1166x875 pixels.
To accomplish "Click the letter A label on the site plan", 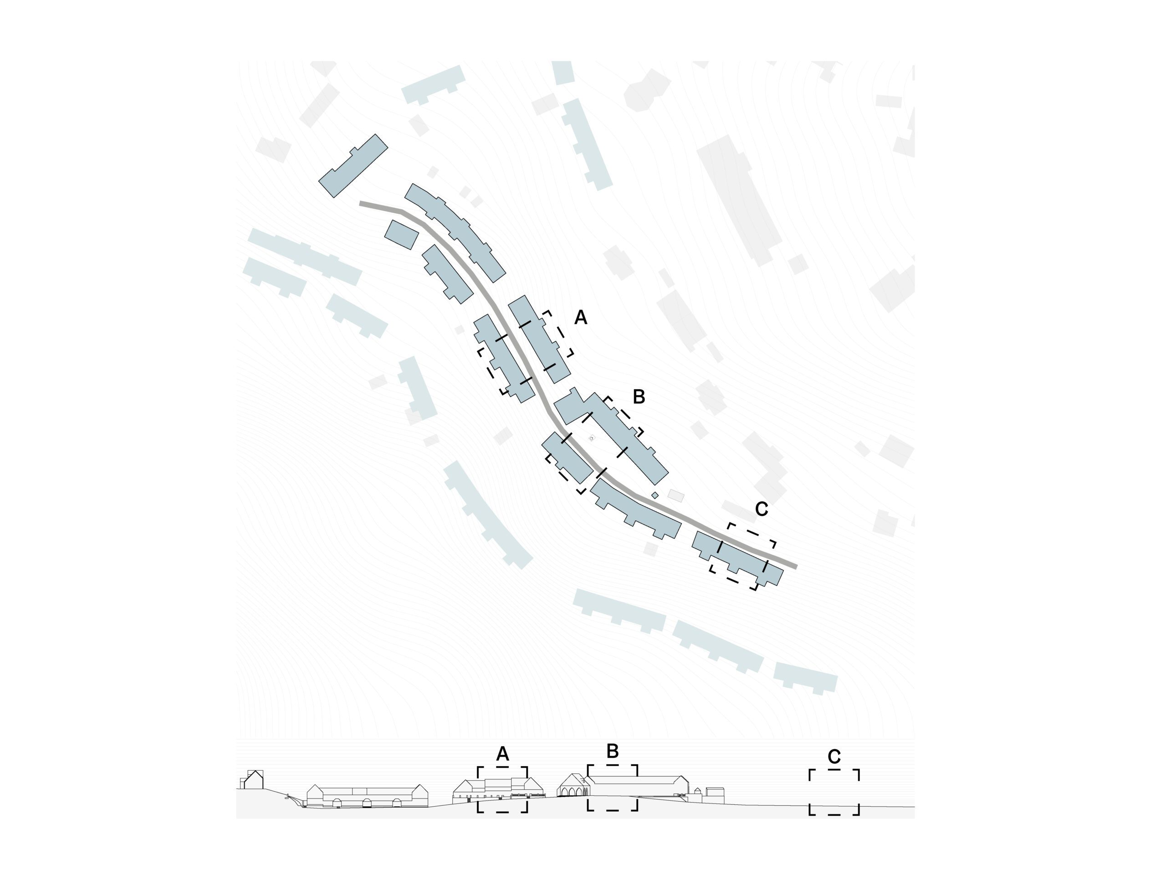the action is point(580,318).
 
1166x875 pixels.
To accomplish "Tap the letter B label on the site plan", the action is point(639,396).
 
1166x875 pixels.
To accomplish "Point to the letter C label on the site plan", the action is point(762,509).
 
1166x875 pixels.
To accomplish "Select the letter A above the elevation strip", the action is point(502,754).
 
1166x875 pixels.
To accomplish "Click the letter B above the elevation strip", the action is point(613,751).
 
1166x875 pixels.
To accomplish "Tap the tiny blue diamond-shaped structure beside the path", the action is point(655,495).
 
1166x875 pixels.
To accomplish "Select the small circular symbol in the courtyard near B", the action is point(592,438).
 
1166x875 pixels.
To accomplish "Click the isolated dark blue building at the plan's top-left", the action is point(353,165).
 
